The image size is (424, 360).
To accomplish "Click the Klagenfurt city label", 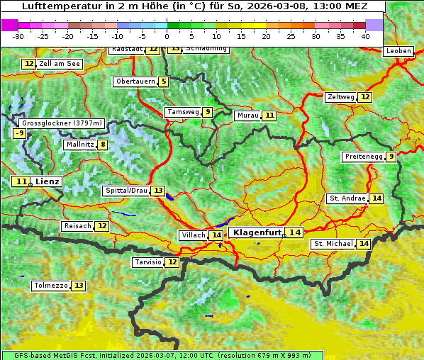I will [x=257, y=232].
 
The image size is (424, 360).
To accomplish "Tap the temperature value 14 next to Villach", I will [x=216, y=235].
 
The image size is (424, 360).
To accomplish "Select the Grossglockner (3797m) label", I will [x=62, y=123].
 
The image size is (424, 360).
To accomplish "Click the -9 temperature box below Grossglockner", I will [x=19, y=133].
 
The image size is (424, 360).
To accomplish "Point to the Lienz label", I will [x=48, y=181].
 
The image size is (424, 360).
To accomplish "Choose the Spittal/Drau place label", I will [x=125, y=191].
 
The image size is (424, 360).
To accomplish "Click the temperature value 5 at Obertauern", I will [x=164, y=81].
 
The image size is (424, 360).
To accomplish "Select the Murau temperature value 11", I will [x=269, y=116].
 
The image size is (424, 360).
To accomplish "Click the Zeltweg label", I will [x=340, y=97].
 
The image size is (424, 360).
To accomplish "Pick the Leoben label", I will [x=398, y=51].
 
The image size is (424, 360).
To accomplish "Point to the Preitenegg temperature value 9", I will [x=391, y=157].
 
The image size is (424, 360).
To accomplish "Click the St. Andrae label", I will [x=347, y=198].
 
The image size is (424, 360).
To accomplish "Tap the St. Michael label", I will [x=333, y=244].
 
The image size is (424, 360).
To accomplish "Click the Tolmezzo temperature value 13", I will [x=78, y=286].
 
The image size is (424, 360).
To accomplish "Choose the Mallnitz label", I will [x=79, y=145].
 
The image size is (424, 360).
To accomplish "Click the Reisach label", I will [x=77, y=226].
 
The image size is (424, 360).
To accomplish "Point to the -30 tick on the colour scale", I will [x=18, y=35].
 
